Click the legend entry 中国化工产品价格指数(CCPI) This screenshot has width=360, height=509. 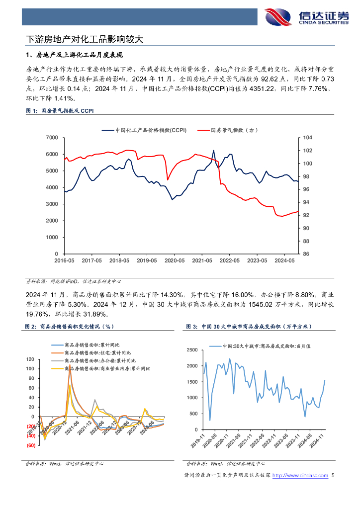(144, 131)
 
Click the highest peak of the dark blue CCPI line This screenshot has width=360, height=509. (214, 151)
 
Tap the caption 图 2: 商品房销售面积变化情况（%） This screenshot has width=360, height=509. (70, 327)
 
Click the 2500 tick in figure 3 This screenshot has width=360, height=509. (192, 350)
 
